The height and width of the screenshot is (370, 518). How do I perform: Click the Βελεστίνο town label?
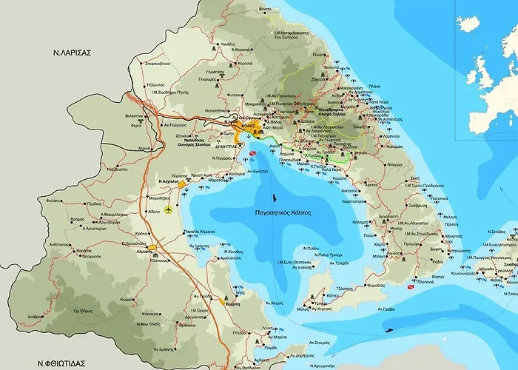[135, 115]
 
